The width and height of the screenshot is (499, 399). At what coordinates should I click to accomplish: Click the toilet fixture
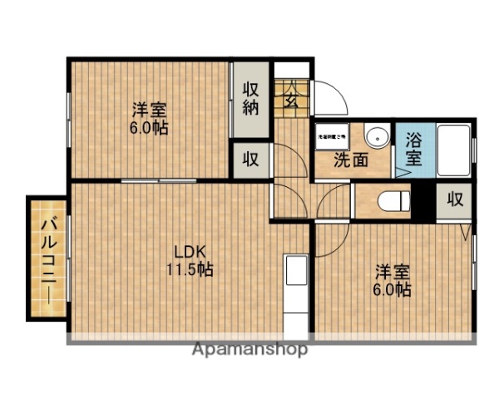tap(392, 200)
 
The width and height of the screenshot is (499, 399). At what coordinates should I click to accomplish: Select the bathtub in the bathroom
tap(452, 150)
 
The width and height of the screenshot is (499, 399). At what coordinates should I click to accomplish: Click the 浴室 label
tap(413, 150)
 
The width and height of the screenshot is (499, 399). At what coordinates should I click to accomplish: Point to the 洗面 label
tap(351, 160)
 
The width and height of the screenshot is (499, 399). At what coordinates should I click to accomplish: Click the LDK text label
tap(189, 251)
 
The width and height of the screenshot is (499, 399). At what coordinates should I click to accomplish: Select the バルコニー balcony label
tap(48, 258)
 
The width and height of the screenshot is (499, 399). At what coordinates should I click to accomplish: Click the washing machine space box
tap(330, 134)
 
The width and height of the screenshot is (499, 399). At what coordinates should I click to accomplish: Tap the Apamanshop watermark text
tap(249, 349)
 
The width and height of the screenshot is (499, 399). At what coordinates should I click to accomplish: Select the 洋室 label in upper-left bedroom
tap(149, 110)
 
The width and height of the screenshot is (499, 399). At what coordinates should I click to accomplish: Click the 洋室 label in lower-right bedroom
tap(391, 272)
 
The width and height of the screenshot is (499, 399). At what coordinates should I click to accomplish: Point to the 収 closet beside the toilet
tap(454, 199)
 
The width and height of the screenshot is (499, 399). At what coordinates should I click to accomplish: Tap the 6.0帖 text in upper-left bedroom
tap(150, 129)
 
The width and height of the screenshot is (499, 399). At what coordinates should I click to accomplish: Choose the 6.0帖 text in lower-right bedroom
tap(391, 290)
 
